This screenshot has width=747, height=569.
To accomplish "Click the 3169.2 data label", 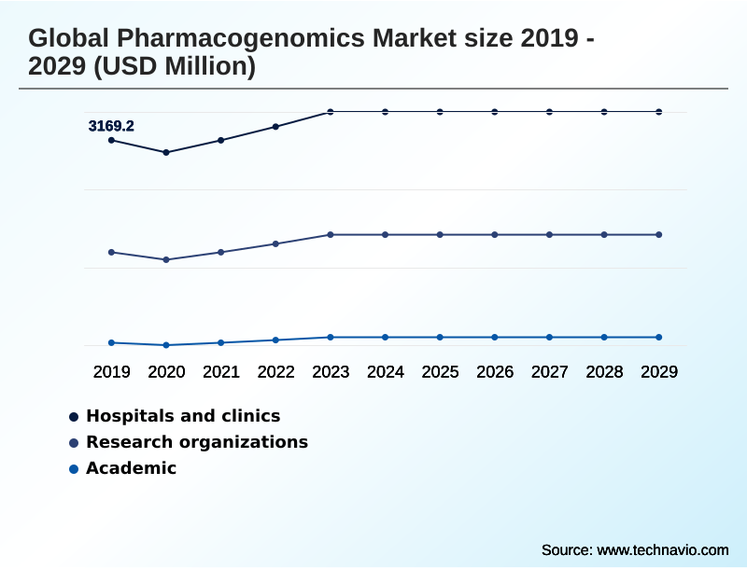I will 111,126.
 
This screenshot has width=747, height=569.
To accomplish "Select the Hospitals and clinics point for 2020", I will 166,152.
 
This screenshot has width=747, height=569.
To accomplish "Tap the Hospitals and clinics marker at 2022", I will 275,126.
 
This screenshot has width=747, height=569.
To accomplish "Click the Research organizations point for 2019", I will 112,252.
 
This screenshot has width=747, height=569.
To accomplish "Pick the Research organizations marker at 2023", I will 331,234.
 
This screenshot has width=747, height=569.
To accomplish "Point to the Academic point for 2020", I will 166,345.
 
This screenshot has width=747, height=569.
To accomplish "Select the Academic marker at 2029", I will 659,337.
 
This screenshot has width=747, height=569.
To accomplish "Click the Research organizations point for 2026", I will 495,234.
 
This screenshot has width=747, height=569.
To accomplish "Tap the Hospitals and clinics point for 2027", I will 550,112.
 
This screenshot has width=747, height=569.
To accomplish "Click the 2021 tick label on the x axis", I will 221,372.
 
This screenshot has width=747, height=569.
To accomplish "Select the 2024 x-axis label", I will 386,372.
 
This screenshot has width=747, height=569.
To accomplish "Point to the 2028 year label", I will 604,372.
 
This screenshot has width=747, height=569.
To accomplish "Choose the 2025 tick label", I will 440,372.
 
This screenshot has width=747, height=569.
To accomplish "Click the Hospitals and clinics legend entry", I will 183,416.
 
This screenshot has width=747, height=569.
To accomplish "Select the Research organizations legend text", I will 197,442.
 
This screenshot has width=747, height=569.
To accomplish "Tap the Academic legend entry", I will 131,468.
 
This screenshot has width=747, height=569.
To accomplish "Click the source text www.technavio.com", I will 662,550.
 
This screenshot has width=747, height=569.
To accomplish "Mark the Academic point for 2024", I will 386,337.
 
